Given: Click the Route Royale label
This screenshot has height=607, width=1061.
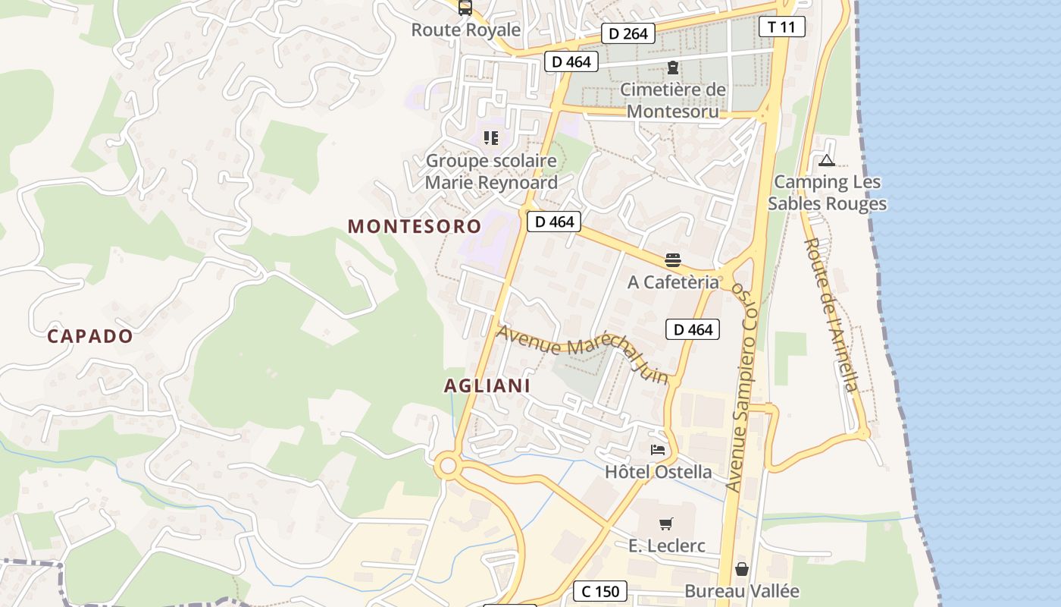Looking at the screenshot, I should pos(466,30).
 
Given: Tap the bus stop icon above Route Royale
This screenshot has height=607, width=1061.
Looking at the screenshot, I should pos(465,8).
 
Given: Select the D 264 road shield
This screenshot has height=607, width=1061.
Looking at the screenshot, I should pos(628,33).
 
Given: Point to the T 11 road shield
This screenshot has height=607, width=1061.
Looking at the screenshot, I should pos(781,27).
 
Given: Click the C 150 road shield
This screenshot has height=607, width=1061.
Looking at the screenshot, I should pos(600,591).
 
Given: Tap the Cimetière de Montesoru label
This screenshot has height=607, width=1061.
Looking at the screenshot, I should pos(673,99).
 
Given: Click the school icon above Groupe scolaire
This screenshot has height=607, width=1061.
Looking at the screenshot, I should pos(491,138).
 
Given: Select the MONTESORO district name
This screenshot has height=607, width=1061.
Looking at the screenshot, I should pos(415,226).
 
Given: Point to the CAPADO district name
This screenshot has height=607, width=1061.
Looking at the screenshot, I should pos(90,336).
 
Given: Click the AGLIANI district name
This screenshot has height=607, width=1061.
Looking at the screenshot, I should pos(487,385).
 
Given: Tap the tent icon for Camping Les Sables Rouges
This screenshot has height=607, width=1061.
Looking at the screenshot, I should pos(827,160).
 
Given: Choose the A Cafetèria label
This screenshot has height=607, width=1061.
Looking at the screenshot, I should pos(673,282).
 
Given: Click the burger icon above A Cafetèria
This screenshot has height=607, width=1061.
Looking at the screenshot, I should pos(673,260).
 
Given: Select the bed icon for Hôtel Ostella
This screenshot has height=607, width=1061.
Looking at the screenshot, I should pos(658,450).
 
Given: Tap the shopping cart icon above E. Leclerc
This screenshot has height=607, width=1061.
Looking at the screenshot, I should pos(666,524).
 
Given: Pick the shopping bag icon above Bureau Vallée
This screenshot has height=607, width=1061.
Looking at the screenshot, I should pos(742,569).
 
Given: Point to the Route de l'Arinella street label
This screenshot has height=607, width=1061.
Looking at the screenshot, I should pos(831,315).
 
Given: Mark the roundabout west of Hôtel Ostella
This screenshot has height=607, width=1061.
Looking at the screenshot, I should pos(447,464).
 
